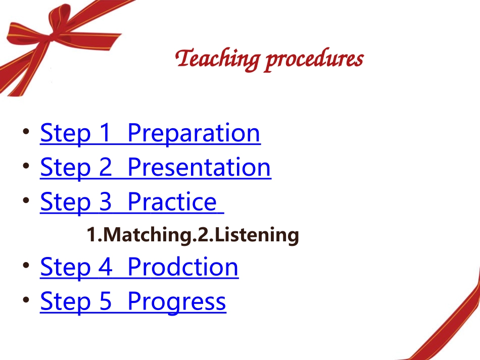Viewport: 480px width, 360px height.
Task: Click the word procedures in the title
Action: click(x=314, y=60)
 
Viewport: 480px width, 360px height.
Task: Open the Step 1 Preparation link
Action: click(x=150, y=133)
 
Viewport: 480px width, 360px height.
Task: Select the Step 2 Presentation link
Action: click(x=155, y=168)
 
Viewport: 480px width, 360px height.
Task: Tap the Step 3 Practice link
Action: click(x=131, y=202)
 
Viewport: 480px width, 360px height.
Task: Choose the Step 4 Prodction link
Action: click(x=139, y=267)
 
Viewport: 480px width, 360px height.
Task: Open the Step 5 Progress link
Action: click(x=133, y=301)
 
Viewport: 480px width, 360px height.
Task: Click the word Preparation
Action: click(x=194, y=133)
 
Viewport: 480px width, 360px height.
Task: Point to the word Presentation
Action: click(x=199, y=168)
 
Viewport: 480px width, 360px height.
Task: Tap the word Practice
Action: click(x=172, y=202)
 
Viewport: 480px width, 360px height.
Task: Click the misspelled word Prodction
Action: click(x=183, y=267)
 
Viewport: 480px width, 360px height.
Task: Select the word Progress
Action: click(x=177, y=301)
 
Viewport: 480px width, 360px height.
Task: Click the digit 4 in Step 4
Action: click(x=104, y=267)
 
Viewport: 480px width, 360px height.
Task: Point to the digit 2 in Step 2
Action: click(x=104, y=168)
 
